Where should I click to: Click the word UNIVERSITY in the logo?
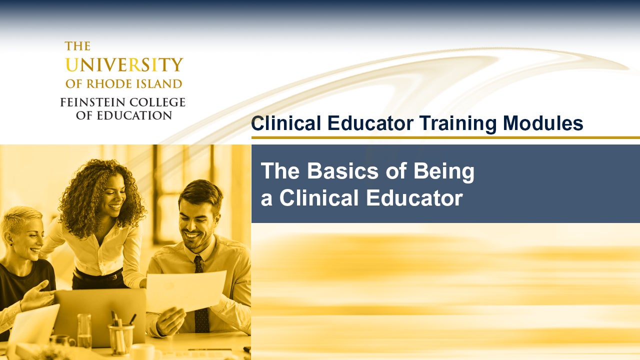coord(124,65)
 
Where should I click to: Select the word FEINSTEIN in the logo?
coord(89,102)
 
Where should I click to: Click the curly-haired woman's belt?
coord(97,275)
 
